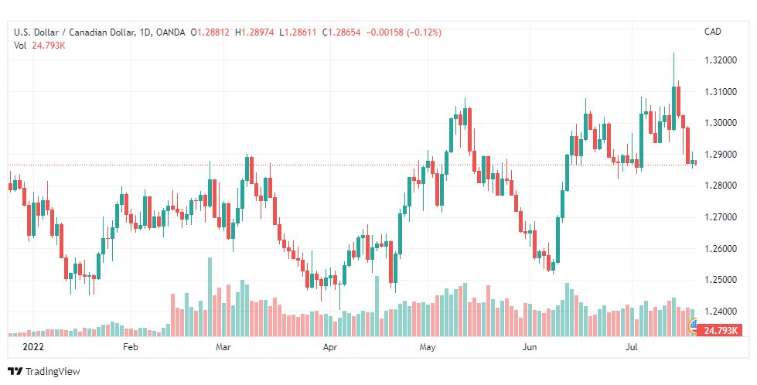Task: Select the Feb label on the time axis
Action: coord(130,348)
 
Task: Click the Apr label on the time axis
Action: coord(330,348)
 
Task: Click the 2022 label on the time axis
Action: coord(33,348)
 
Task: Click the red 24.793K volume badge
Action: coord(718,331)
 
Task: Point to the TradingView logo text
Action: coord(53,372)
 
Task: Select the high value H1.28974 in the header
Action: coord(261,32)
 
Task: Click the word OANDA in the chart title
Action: coord(169,32)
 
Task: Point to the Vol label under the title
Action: coord(21,45)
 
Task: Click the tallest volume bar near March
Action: coord(209,297)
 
